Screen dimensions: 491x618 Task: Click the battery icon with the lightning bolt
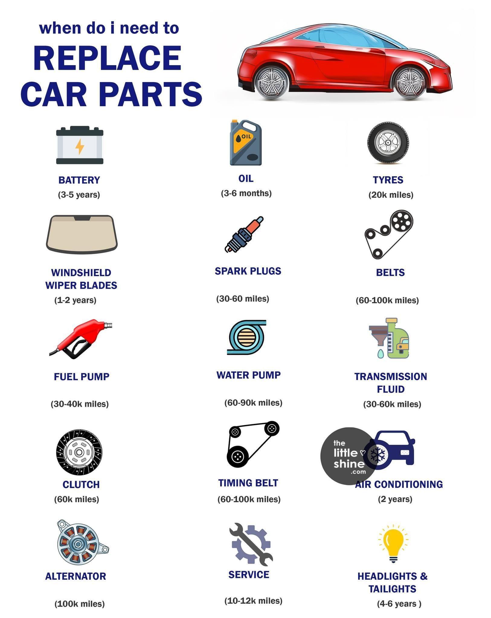[x=80, y=145]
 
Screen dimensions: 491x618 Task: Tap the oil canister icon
[x=246, y=142]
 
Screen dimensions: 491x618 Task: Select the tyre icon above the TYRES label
[x=388, y=142]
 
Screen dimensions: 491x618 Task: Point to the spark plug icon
[x=244, y=234]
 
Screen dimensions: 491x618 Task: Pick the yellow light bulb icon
[x=393, y=544]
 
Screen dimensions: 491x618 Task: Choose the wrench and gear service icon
[x=250, y=544]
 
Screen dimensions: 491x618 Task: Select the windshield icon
[x=82, y=234]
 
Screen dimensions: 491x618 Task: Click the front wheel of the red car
[x=410, y=83]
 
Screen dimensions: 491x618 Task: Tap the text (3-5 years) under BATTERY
[x=79, y=195]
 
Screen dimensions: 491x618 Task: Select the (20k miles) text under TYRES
[x=391, y=195]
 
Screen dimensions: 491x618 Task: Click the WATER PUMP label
[x=249, y=375]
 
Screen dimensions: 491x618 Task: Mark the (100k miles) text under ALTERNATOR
[x=80, y=604]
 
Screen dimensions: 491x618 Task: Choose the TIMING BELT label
[x=248, y=483]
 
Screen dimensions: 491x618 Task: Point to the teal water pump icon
[x=247, y=337]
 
